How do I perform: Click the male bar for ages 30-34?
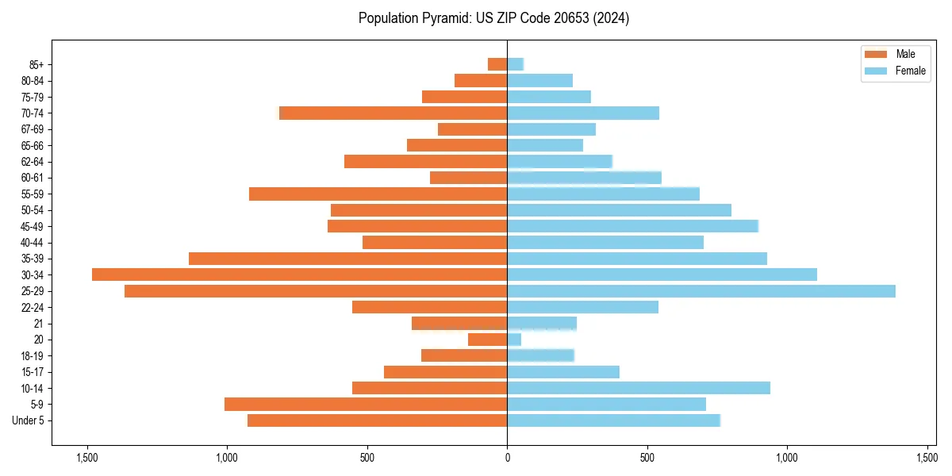299,274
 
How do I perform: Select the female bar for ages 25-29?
701,291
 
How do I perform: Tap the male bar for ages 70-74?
393,113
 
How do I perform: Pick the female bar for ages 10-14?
638,388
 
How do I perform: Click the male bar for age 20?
487,340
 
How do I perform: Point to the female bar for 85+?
515,64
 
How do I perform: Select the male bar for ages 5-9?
366,405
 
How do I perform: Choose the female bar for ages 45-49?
632,226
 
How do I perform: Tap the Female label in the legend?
910,71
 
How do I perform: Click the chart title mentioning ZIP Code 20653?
493,18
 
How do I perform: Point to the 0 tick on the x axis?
507,457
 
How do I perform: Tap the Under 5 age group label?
29,420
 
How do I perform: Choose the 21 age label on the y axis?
39,324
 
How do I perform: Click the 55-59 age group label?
32,194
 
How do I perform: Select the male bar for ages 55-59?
378,194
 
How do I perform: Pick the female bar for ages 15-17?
562,372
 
